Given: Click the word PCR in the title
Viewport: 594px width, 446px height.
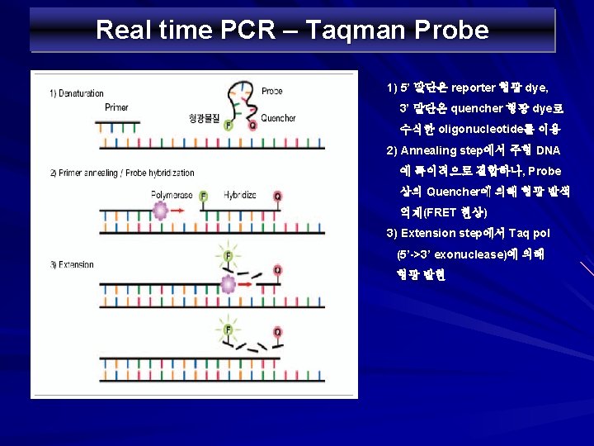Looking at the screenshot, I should (257, 31).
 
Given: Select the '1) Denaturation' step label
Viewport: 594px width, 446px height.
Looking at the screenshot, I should (76, 93).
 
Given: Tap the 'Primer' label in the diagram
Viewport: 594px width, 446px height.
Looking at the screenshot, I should (116, 107).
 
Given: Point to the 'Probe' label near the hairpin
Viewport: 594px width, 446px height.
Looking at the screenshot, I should (271, 91).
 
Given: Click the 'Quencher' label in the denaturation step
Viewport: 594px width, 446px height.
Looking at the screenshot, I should (278, 118).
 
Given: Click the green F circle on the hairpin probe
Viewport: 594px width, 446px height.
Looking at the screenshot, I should (229, 126).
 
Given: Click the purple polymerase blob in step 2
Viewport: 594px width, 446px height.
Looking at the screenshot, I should (160, 211).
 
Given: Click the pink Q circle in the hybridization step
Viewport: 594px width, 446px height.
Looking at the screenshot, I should (277, 197).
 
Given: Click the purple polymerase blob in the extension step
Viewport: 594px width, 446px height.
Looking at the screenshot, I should (227, 285).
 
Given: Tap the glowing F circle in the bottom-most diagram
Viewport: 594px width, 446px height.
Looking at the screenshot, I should (229, 330).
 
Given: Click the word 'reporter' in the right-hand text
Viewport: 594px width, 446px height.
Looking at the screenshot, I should (473, 88).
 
